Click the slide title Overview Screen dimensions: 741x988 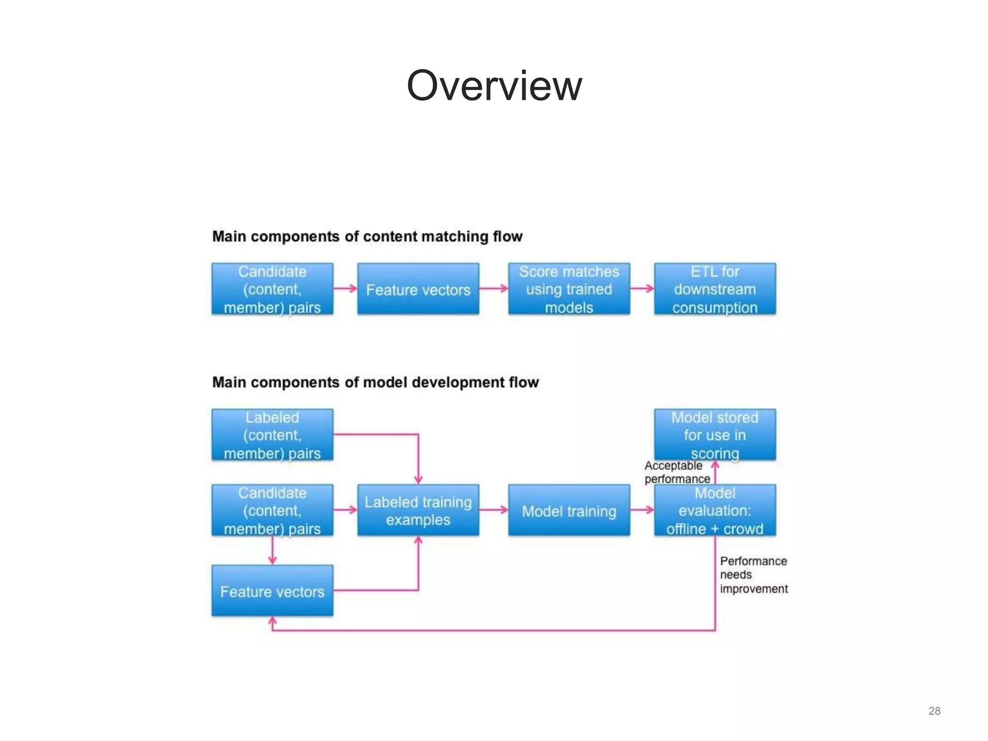click(494, 86)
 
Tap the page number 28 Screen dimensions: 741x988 click(934, 711)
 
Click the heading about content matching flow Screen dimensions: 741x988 click(367, 236)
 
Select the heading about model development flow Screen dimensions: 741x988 click(375, 382)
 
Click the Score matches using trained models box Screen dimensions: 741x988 click(569, 289)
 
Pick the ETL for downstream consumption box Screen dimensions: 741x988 click(714, 289)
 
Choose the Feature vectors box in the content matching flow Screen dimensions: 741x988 click(418, 289)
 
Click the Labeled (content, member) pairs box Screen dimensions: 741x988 click(272, 435)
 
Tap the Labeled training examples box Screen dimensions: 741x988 click(418, 510)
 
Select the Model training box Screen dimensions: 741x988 click(569, 510)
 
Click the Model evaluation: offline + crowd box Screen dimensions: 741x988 click(714, 510)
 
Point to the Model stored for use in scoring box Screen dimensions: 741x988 click(714, 435)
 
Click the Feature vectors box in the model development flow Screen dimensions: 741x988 click(272, 591)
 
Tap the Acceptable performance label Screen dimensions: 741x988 click(676, 472)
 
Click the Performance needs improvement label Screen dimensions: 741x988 click(753, 575)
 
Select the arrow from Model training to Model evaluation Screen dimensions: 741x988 click(642, 510)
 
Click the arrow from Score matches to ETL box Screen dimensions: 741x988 click(642, 288)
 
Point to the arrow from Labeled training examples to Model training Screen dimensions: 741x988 click(494, 510)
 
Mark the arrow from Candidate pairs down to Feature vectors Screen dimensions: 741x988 click(273, 550)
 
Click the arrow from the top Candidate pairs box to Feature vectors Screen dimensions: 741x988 click(345, 288)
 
